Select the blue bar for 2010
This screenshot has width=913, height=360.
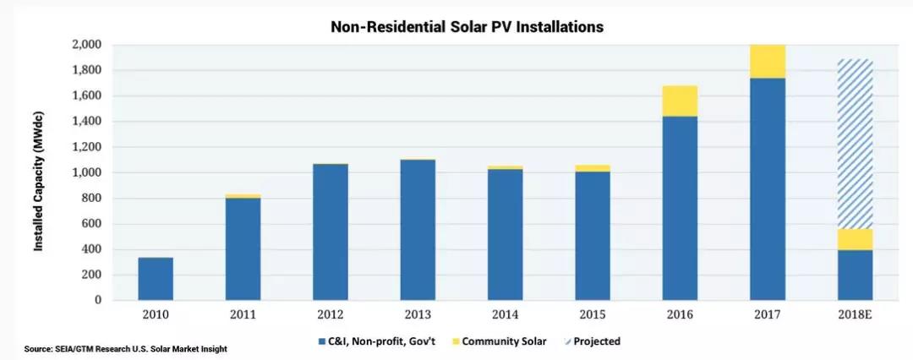(x=156, y=279)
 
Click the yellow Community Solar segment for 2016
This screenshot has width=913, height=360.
(x=681, y=101)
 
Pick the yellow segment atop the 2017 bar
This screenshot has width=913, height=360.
(x=768, y=62)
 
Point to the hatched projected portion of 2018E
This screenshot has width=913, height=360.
(x=855, y=144)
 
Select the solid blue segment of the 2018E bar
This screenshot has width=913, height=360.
(x=855, y=275)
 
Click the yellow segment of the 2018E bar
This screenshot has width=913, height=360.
(x=855, y=239)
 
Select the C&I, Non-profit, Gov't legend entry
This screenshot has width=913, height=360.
(x=372, y=341)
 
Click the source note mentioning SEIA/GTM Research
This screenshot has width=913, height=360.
(x=125, y=349)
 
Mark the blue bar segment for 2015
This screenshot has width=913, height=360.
(x=593, y=236)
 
